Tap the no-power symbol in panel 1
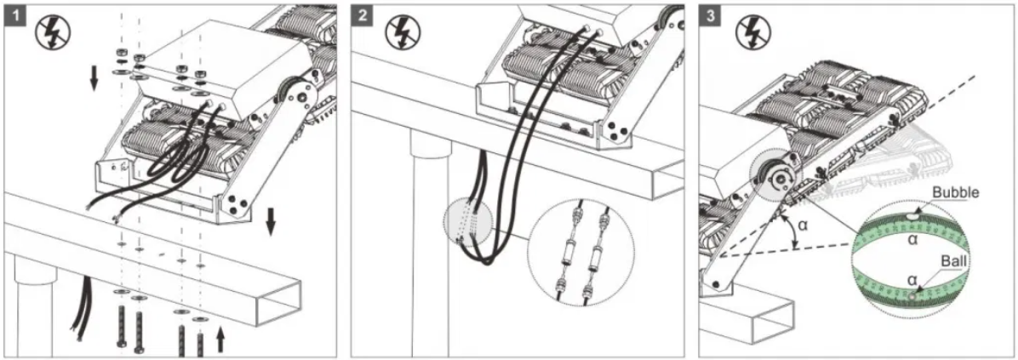click(56, 31)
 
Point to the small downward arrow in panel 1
click(94, 79)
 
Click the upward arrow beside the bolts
click(220, 338)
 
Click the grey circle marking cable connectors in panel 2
click(468, 224)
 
